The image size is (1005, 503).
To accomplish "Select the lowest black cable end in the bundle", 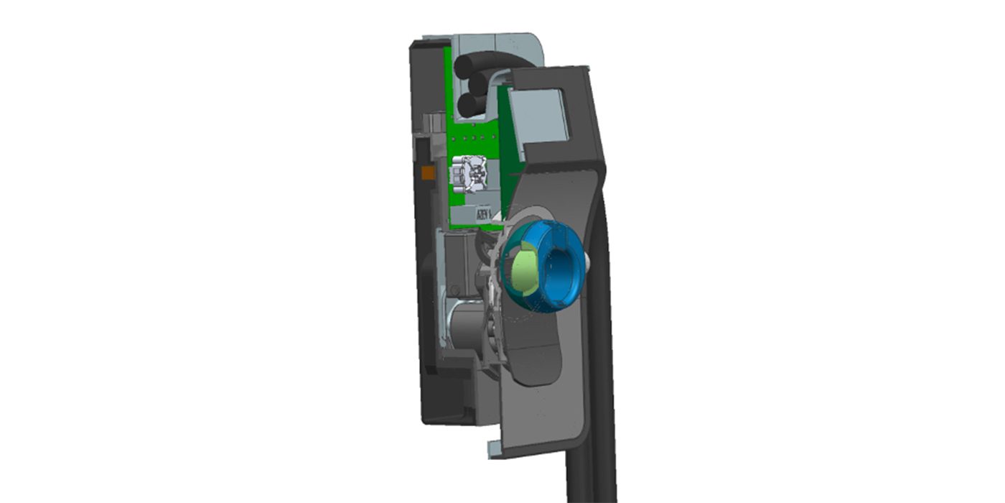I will pos(471,105).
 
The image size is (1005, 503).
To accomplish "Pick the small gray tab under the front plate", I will pos(495,448).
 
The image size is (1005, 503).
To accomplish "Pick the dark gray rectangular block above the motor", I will pos(459,262).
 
